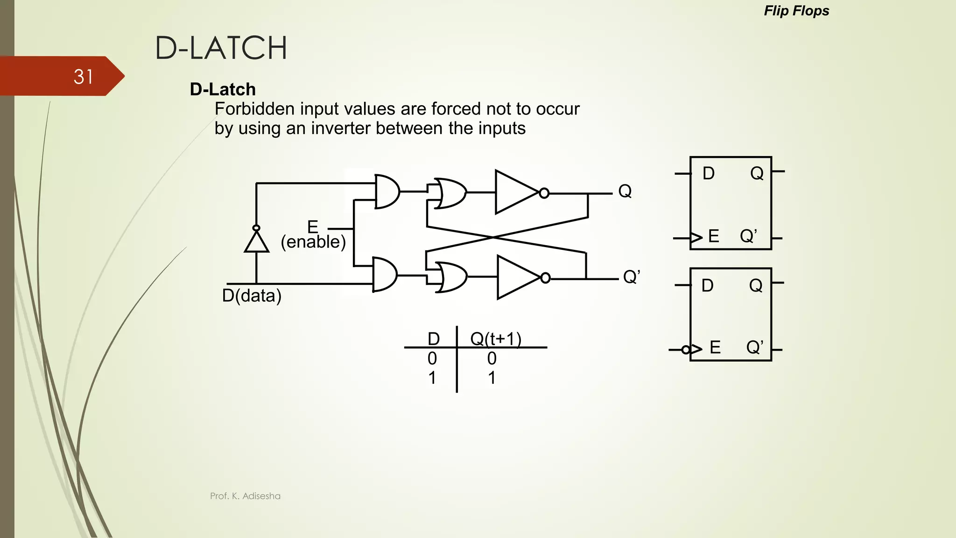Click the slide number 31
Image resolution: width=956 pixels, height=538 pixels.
[x=84, y=77]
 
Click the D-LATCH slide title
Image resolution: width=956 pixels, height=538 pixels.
[x=221, y=48]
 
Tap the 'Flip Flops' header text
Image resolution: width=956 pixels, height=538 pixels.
[x=796, y=11]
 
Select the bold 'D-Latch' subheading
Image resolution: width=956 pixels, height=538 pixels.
[x=223, y=89]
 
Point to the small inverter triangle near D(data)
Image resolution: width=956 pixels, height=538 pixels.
[x=256, y=242]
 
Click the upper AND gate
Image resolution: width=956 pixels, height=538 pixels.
[x=387, y=191]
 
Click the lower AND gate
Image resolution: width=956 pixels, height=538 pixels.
[x=384, y=275]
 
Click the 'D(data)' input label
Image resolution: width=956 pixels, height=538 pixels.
[x=252, y=296]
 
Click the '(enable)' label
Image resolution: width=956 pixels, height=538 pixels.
[x=313, y=242]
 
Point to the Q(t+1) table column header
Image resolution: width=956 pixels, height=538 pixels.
[x=496, y=338]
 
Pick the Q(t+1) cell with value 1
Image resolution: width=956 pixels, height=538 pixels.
[x=492, y=377]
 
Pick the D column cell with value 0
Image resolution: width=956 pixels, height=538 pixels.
[x=432, y=358]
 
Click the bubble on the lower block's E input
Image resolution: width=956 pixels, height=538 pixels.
[x=686, y=349]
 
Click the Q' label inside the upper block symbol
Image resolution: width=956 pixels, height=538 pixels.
[x=748, y=236]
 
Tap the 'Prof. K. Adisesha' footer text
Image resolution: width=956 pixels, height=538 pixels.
[x=245, y=496]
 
